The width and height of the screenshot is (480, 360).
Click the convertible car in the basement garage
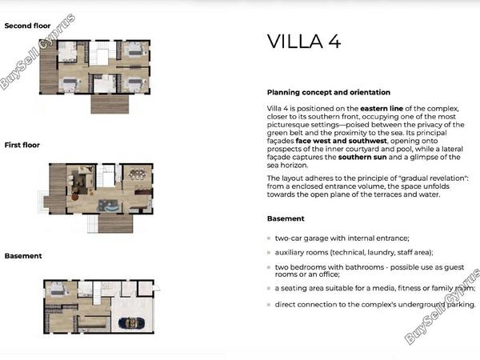tap(132, 323)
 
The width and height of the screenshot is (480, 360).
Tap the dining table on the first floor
tap(138, 174)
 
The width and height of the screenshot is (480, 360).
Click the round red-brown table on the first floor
tap(75, 197)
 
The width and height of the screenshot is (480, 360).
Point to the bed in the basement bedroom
tap(58, 290)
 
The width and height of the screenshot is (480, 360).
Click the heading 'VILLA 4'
tap(304, 42)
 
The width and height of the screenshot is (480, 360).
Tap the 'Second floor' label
tap(27, 26)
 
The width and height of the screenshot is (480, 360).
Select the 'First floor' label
tap(22, 145)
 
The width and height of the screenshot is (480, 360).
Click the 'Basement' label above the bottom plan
tap(23, 256)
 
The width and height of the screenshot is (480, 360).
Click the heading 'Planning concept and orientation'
tap(329, 92)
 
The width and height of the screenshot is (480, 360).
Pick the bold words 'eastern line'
tap(382, 108)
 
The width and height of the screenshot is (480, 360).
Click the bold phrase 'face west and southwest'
tap(341, 141)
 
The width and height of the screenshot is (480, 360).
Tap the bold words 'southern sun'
tap(362, 157)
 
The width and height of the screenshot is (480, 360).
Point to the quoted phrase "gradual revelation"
tap(434, 178)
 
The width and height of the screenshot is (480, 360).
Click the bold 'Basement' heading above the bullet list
tap(286, 218)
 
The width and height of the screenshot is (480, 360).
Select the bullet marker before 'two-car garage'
tap(269, 238)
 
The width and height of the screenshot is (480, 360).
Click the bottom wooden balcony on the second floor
tap(110, 104)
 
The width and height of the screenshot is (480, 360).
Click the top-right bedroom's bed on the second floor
tap(134, 49)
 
